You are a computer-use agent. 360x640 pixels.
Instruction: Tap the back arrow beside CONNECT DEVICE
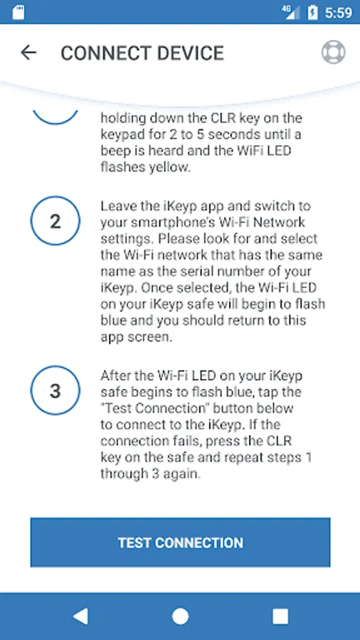28,52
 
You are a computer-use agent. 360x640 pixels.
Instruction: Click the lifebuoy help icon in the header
333,52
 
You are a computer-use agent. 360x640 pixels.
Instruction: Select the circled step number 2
55,221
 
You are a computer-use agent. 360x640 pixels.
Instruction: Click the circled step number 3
55,390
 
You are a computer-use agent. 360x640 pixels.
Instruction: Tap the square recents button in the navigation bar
280,617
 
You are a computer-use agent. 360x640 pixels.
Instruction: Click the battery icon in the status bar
312,12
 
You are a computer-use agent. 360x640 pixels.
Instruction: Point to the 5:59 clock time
339,13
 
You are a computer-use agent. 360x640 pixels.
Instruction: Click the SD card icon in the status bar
18,13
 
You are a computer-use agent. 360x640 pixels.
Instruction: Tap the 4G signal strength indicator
290,12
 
